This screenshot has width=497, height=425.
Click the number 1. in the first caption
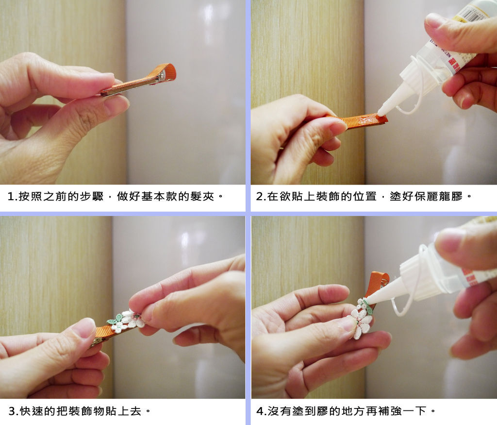(x=12, y=196)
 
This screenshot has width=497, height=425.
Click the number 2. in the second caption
(x=260, y=196)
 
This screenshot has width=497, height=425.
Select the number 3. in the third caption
(x=13, y=411)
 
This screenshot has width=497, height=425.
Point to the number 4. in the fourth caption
(x=261, y=411)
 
